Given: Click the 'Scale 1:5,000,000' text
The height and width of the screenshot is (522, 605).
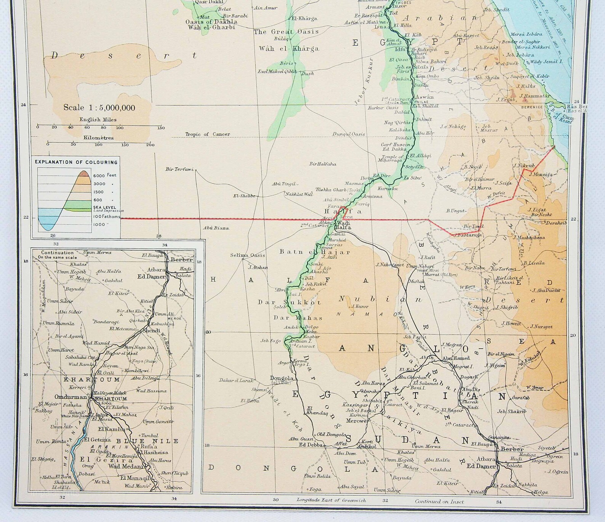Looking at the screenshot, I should tap(99, 108).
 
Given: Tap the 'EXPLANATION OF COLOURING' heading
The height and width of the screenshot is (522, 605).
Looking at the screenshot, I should tap(76, 162).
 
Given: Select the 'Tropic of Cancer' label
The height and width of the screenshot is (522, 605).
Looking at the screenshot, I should tap(207, 134).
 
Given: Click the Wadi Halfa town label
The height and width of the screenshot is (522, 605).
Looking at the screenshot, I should tap(343, 225).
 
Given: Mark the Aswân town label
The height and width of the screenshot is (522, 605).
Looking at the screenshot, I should tap(424, 97).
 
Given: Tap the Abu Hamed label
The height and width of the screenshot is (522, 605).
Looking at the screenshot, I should tap(456, 358).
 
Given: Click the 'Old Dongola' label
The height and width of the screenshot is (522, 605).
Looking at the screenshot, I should tap(331, 434).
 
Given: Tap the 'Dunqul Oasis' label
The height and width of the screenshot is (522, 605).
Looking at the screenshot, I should tap(348, 134).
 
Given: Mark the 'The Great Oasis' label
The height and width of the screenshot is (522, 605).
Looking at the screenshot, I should tap(286, 32).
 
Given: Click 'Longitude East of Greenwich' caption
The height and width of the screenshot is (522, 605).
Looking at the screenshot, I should tap(331, 500).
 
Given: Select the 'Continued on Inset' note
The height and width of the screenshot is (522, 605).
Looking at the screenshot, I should tap(439, 501).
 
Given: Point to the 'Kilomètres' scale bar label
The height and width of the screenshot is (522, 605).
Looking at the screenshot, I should tap(99, 138).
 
